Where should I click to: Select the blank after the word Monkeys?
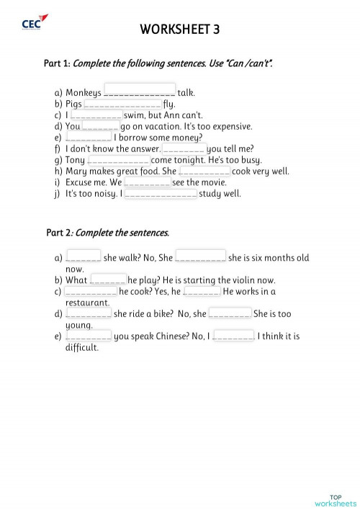click(x=140, y=91)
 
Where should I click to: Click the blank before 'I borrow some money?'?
click(x=88, y=138)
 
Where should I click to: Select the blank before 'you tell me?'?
click(x=184, y=148)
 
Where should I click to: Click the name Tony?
click(x=75, y=160)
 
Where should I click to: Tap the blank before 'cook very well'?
click(x=204, y=171)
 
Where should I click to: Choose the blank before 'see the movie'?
click(x=147, y=182)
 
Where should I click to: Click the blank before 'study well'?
click(x=161, y=194)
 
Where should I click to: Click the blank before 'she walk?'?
click(x=83, y=257)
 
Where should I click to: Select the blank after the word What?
click(x=108, y=279)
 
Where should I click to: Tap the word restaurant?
click(x=87, y=303)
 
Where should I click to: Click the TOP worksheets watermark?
click(x=335, y=499)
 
